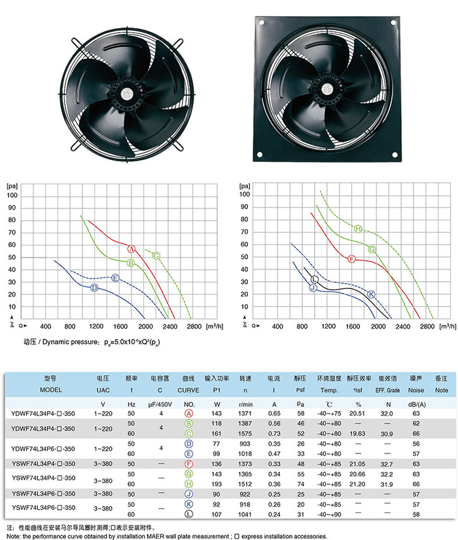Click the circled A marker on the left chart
[x=131, y=250]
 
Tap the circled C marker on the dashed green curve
[x=157, y=256]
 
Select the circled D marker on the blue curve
[x=94, y=288]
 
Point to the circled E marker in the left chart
[x=116, y=279]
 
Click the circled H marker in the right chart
[x=358, y=229]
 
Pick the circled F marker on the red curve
[x=351, y=260]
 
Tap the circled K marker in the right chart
[x=372, y=294]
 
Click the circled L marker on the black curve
[x=315, y=280]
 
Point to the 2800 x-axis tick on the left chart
[x=194, y=326]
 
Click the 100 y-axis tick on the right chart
[x=245, y=195]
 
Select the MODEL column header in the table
[x=50, y=389]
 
